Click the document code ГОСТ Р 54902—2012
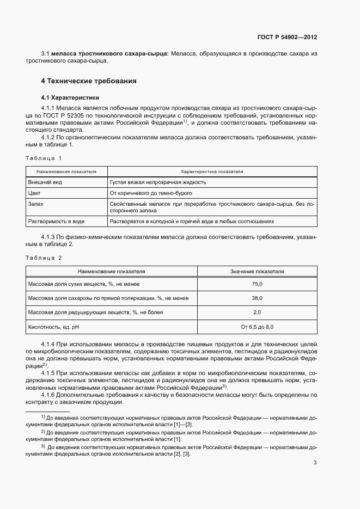point(287,38)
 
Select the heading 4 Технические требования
point(88,81)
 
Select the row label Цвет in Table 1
point(34,193)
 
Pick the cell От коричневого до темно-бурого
point(151,193)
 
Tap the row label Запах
point(36,204)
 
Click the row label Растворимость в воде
point(56,222)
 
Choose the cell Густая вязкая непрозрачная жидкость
point(158,183)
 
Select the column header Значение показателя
point(257,271)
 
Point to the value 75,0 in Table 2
point(257,284)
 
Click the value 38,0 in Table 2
point(257,298)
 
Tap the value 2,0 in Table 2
point(257,312)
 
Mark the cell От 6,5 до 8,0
point(257,327)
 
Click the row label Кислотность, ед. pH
point(57,327)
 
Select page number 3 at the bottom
point(315,463)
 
